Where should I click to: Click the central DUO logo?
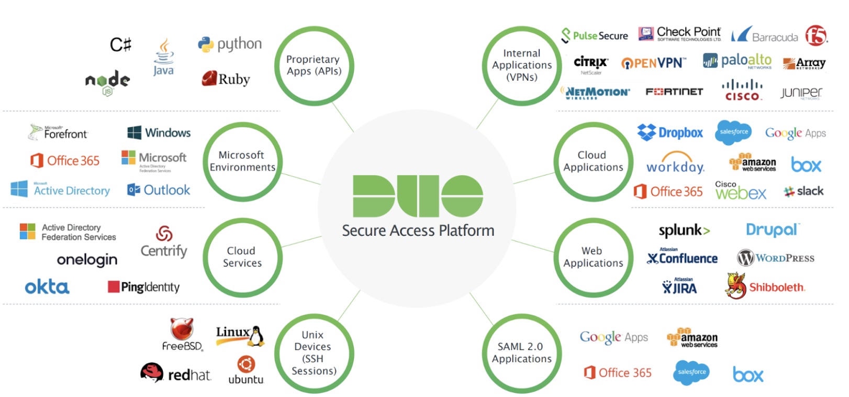point(418,196)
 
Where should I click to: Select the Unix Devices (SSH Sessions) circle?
point(314,353)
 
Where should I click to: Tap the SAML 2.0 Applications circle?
point(521,353)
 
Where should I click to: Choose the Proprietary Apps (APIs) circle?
point(314,65)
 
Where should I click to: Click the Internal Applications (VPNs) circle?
point(521,65)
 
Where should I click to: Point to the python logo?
point(230,45)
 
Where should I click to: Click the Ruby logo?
point(226,79)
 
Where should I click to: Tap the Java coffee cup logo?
point(163,57)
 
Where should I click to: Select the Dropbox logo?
point(670,133)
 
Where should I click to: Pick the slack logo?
point(803,191)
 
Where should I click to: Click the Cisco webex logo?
point(740,191)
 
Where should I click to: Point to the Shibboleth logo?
point(765,286)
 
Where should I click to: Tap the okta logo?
point(47,286)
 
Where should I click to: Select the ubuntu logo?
point(246,370)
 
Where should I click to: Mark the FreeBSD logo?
point(182,334)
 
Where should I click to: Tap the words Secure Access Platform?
point(418,230)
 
